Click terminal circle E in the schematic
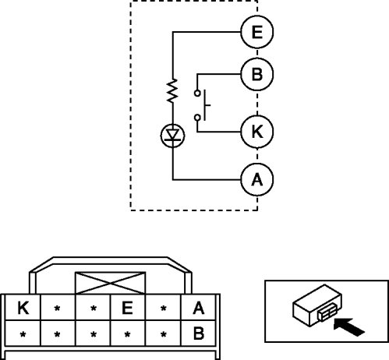click(x=257, y=32)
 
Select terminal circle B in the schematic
click(x=257, y=74)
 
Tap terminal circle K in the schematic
click(x=257, y=132)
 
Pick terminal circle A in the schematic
click(x=257, y=179)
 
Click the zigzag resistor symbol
click(x=172, y=90)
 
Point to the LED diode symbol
click(x=172, y=136)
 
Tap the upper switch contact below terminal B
click(x=197, y=93)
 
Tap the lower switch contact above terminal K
click(x=197, y=118)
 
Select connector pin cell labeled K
click(x=23, y=307)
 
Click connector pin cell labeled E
click(x=128, y=307)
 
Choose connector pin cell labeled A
click(x=198, y=307)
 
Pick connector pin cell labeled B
click(x=198, y=333)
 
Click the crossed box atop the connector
click(x=110, y=283)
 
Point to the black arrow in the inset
click(x=349, y=326)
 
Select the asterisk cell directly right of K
click(x=58, y=307)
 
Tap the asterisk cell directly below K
click(x=23, y=333)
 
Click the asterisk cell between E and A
click(x=163, y=307)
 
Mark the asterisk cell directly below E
click(x=128, y=333)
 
